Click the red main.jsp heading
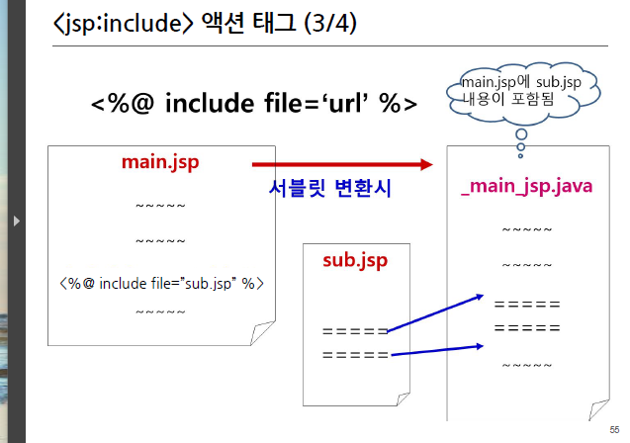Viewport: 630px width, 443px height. click(161, 160)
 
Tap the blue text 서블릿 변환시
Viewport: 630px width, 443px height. click(331, 188)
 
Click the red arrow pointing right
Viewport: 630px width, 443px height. click(342, 164)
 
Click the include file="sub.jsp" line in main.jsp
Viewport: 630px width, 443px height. click(161, 283)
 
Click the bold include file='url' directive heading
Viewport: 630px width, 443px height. click(254, 104)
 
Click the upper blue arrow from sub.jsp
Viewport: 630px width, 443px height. click(434, 313)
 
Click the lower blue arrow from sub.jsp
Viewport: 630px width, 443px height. click(436, 350)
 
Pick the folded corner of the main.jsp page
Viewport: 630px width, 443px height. click(263, 333)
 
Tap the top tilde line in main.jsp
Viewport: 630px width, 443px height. click(160, 207)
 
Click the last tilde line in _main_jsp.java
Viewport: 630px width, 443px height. click(527, 366)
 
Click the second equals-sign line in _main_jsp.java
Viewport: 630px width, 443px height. click(527, 327)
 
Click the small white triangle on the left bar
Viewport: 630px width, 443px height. click(16, 221)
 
